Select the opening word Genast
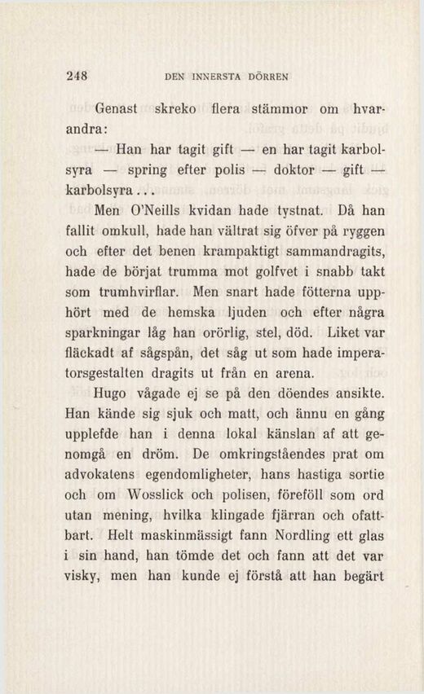tap(120, 108)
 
